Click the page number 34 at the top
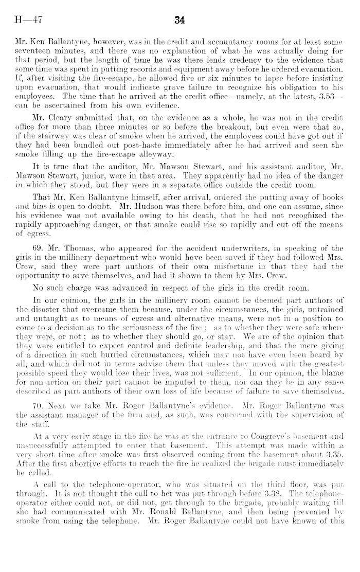tap(179, 21)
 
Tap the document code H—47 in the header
tap(27, 21)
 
